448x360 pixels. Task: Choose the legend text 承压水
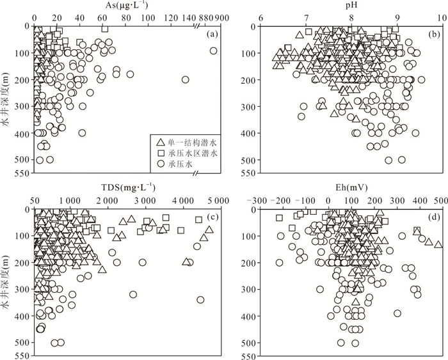pyautogui.click(x=184, y=164)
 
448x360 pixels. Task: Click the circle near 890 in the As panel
pyautogui.click(x=214, y=51)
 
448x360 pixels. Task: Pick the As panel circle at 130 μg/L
pyautogui.click(x=186, y=79)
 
